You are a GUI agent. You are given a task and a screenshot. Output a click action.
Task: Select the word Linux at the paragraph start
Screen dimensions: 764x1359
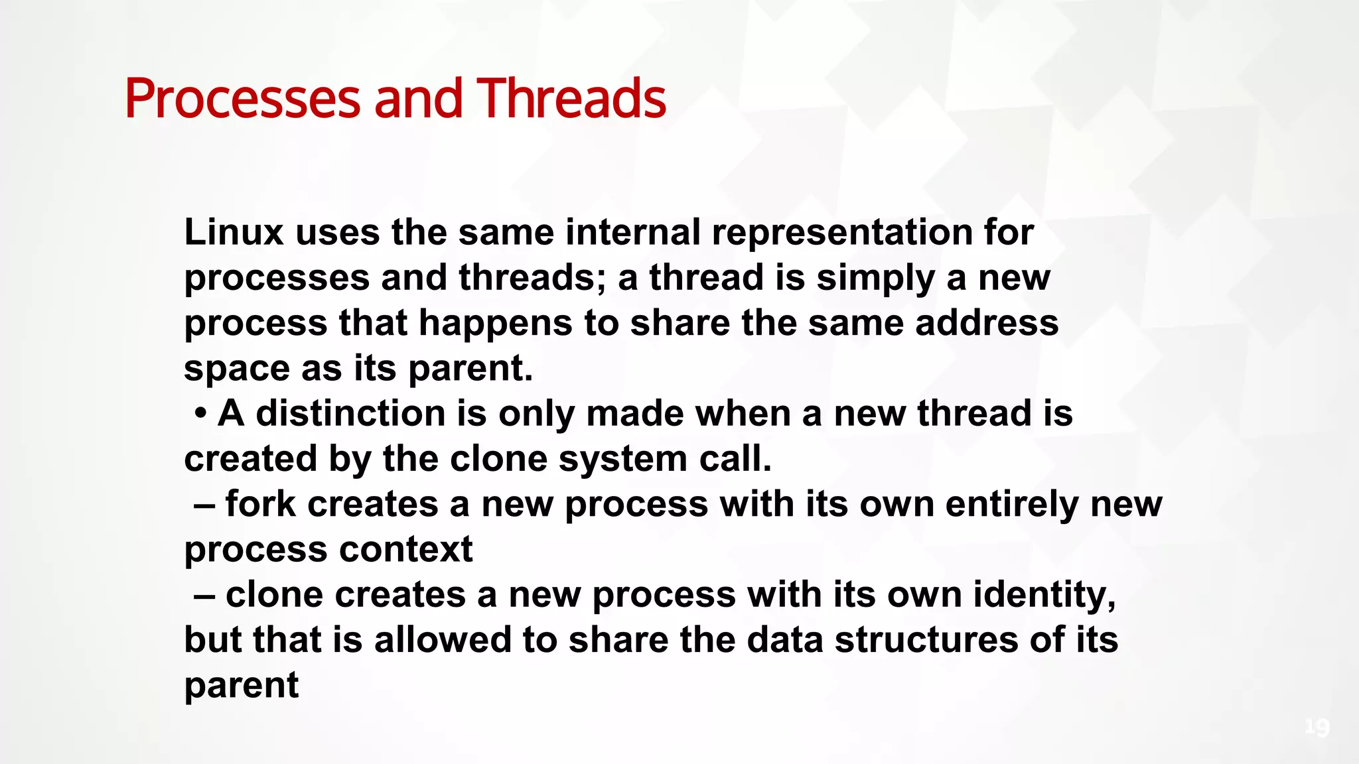pos(234,233)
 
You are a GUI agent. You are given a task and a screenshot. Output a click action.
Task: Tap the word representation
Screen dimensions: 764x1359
pos(841,233)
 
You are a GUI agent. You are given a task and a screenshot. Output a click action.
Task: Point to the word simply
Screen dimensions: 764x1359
pos(875,278)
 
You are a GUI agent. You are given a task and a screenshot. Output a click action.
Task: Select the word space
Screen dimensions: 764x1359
pos(236,369)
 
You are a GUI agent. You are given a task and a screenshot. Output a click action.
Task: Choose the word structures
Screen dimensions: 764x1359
pos(926,640)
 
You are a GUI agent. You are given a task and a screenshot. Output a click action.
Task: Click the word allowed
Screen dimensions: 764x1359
pos(442,640)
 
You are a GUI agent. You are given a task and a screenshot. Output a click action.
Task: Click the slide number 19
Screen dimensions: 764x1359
pos(1317,728)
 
